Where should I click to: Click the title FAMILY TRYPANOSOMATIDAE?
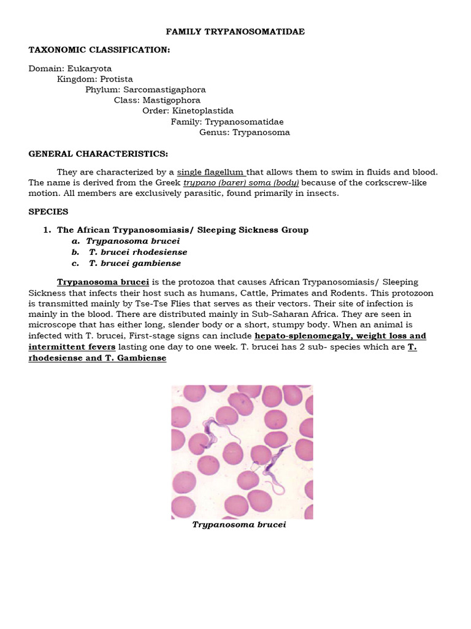[x=235, y=31]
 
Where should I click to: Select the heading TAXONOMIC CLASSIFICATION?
[x=99, y=50]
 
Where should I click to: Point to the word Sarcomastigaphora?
[x=166, y=90]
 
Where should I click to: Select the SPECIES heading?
[x=48, y=211]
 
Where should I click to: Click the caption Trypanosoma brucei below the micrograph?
[x=239, y=525]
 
